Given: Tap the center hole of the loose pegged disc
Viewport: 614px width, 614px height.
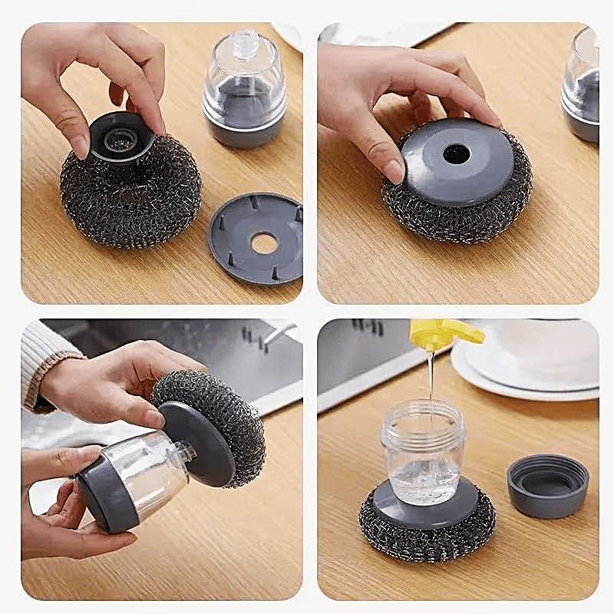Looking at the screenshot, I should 264,243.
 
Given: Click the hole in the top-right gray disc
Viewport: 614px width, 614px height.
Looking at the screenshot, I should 456,153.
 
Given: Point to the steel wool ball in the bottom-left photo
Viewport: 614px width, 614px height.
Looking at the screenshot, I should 223,414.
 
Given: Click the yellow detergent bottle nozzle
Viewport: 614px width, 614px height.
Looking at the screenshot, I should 445,334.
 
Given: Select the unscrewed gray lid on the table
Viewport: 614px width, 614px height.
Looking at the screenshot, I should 547,485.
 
